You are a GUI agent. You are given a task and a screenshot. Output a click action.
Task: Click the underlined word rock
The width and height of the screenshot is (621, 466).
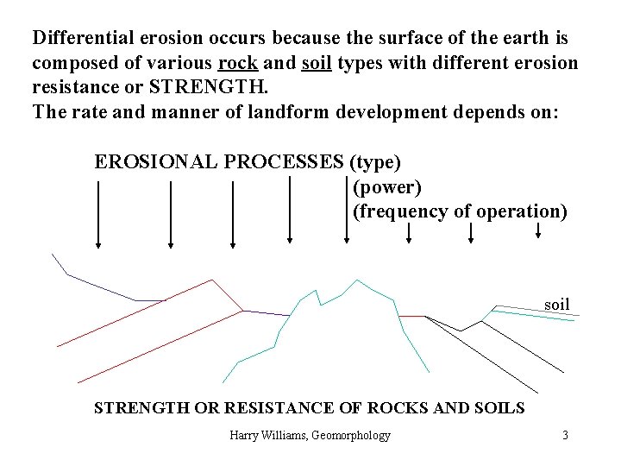tap(235, 64)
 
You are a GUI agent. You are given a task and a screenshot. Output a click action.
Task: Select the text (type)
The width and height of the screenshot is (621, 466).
tap(373, 161)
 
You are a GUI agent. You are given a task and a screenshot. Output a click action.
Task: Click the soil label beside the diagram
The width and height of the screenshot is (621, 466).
tap(557, 304)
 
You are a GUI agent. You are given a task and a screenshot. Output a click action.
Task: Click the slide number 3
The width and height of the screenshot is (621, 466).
tap(565, 435)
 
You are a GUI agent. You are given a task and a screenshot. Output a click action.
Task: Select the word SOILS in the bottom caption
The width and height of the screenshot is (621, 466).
tap(495, 406)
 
